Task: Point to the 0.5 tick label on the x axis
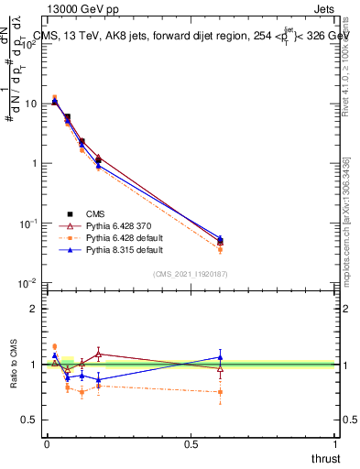pos(191,443)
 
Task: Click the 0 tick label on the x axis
pos(47,443)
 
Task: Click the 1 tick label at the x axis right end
pos(334,443)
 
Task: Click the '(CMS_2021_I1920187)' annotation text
pos(191,273)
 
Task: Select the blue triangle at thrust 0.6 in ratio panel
pos(220,357)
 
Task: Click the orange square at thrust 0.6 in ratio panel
pos(220,392)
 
